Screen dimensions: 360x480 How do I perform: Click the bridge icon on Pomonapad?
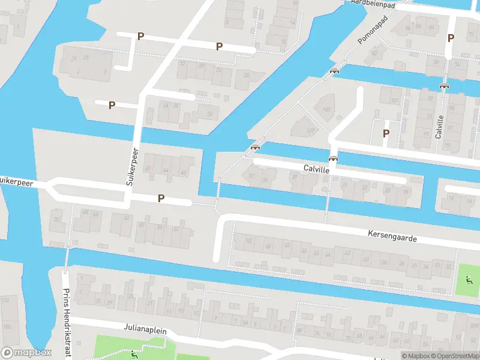click(x=334, y=71)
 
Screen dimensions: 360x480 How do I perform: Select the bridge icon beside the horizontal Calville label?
click(x=333, y=159)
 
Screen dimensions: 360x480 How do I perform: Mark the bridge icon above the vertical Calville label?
click(x=444, y=86)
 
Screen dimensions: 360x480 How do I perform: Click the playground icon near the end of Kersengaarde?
click(x=468, y=279)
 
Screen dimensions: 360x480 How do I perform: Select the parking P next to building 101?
click(x=386, y=133)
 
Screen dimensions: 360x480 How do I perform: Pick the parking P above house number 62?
click(x=161, y=198)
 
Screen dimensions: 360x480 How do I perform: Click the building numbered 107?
click(x=310, y=130)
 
